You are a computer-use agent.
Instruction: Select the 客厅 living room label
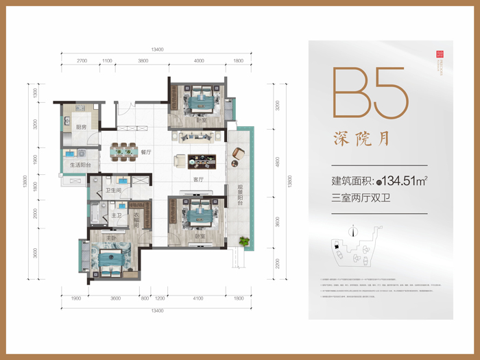198,180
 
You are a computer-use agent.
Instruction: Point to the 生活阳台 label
81,165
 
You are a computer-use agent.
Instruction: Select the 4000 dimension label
198,61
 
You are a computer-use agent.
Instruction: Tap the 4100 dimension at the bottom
197,298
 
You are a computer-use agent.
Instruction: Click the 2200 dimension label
278,263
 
